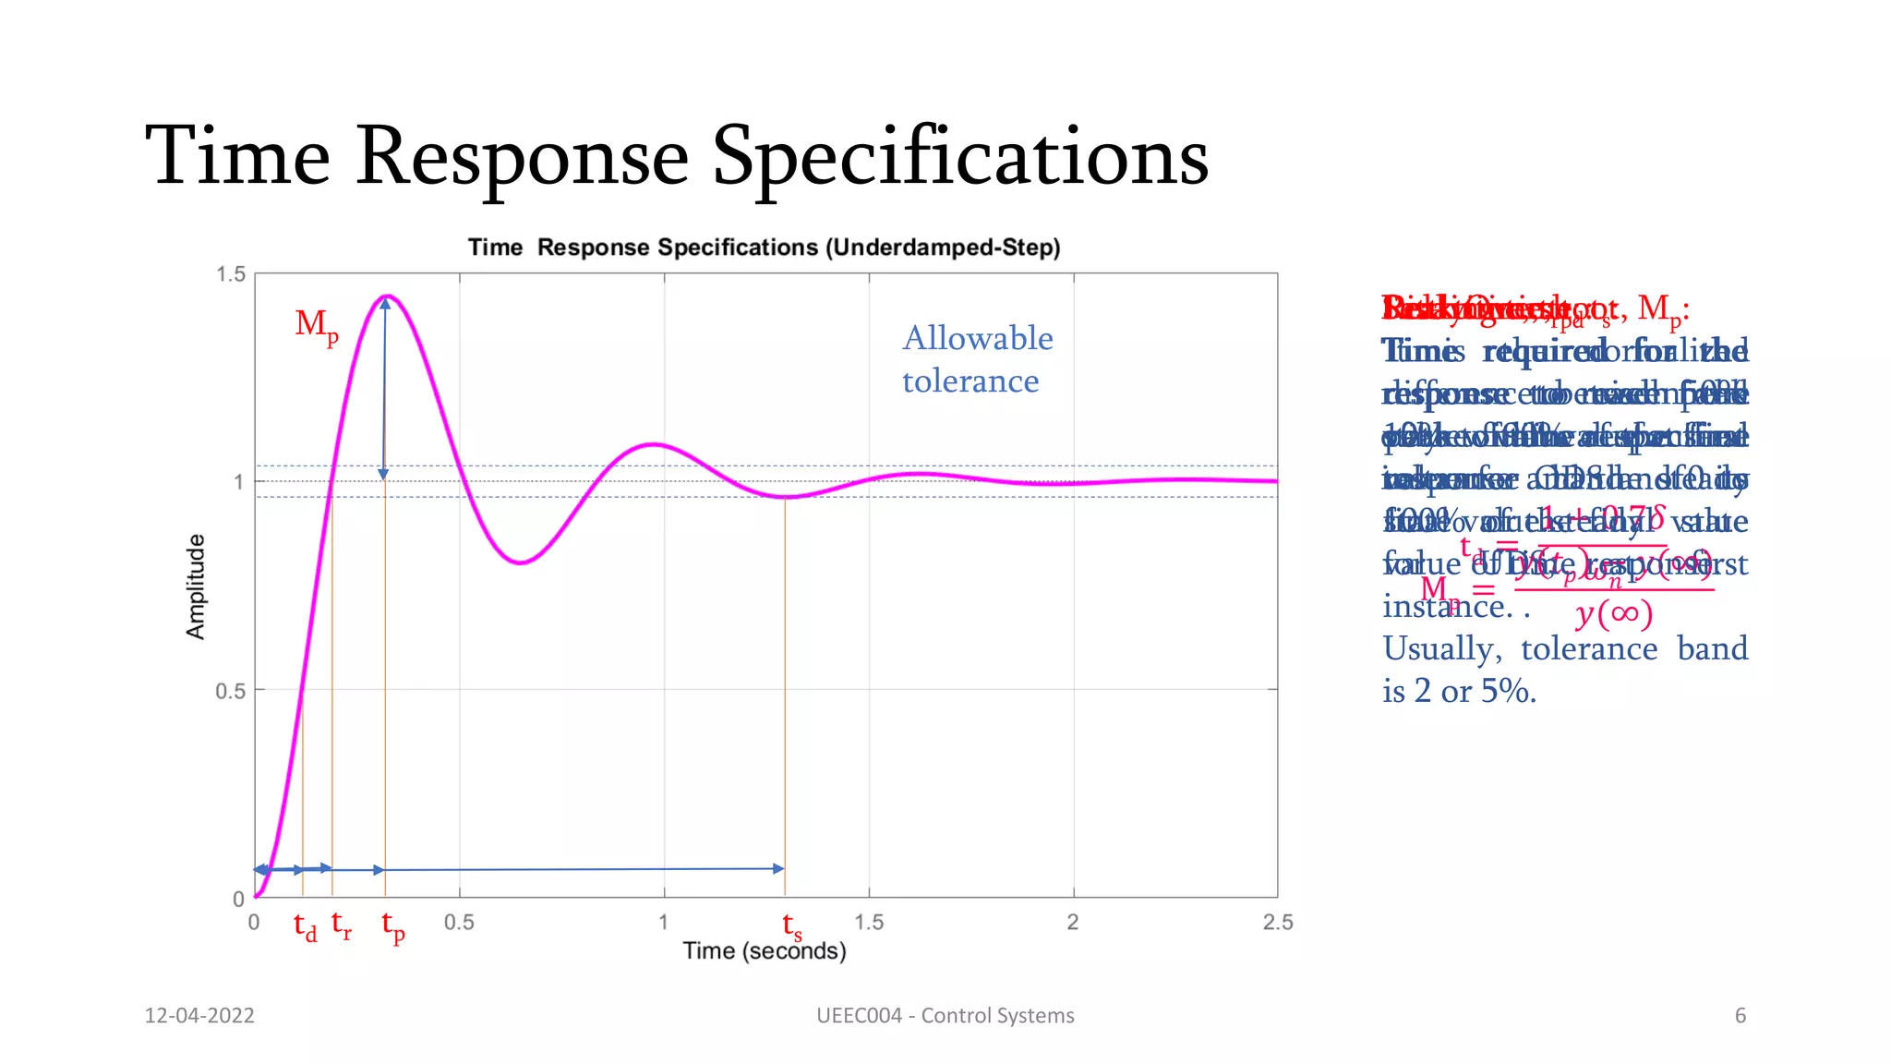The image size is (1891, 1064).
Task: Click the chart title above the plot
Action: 764,248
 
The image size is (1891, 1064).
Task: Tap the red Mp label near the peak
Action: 316,325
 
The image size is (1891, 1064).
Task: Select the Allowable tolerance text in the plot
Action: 977,359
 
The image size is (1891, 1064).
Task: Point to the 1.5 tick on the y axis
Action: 231,274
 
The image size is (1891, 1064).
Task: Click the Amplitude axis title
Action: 195,586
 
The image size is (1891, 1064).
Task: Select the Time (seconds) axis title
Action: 764,951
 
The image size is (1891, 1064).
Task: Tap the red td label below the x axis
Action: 305,926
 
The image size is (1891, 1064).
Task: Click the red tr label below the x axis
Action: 341,925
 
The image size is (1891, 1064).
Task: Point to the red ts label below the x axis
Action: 791,926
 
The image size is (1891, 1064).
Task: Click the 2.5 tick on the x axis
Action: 1278,922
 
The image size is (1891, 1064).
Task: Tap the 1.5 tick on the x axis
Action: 868,922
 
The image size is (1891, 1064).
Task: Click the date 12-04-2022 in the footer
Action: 199,1016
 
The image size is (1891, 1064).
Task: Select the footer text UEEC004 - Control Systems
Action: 945,1016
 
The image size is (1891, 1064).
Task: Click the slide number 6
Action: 1740,1016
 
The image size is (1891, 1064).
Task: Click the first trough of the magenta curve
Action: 522,562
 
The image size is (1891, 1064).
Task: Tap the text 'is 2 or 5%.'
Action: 1459,691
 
